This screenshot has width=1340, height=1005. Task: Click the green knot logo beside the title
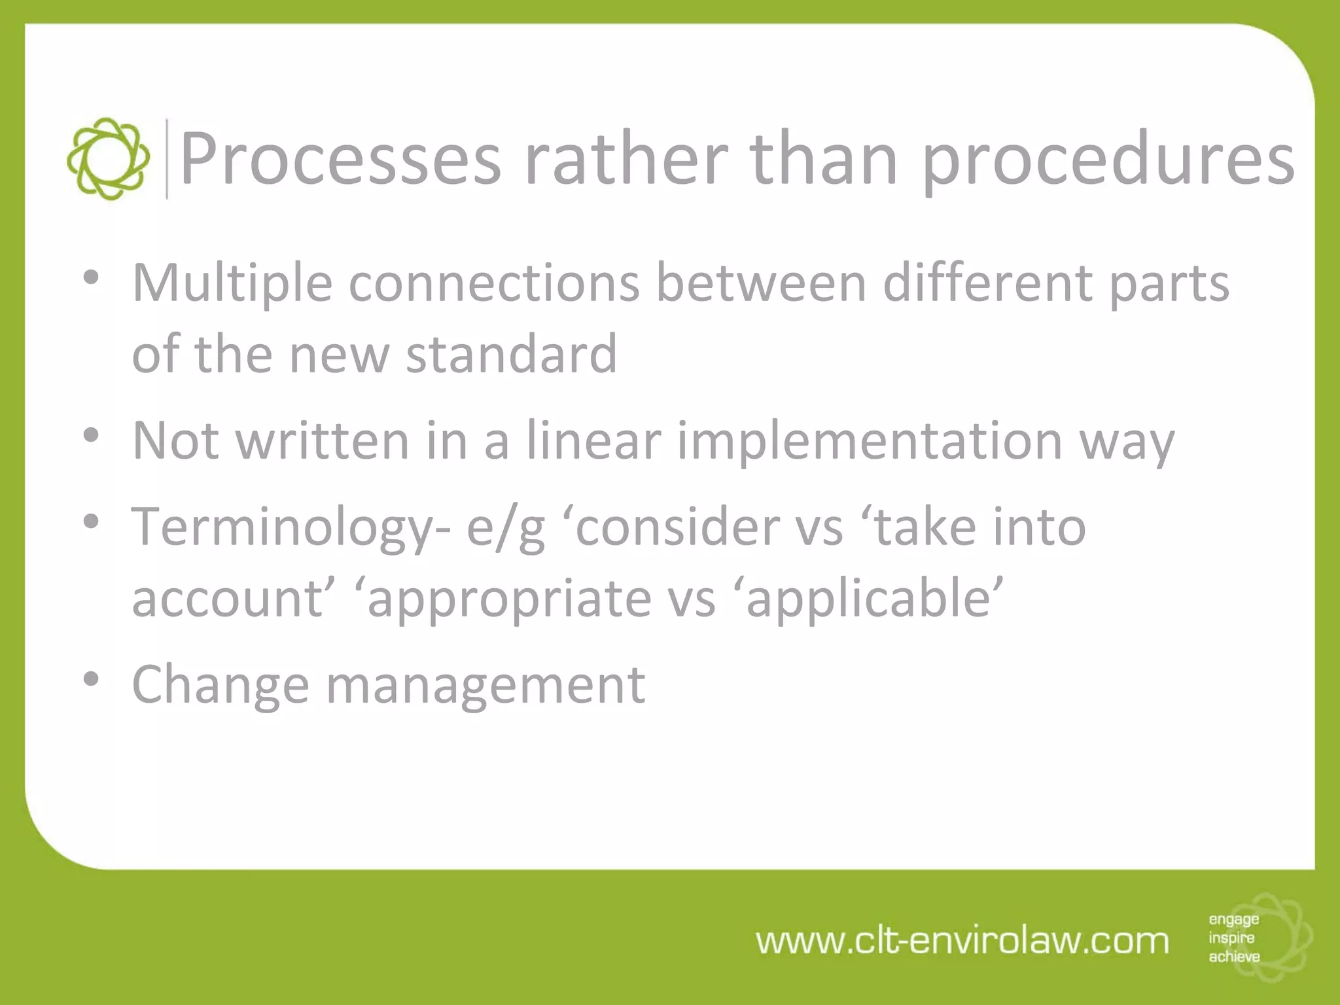click(x=108, y=159)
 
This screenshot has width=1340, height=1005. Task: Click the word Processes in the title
click(x=340, y=159)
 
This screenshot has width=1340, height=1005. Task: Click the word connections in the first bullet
click(x=494, y=283)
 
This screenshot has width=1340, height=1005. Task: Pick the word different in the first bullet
click(x=988, y=283)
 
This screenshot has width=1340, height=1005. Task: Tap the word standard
click(x=511, y=354)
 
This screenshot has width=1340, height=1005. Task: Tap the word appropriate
click(x=509, y=599)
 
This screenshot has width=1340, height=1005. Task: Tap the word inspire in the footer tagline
click(x=1231, y=938)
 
